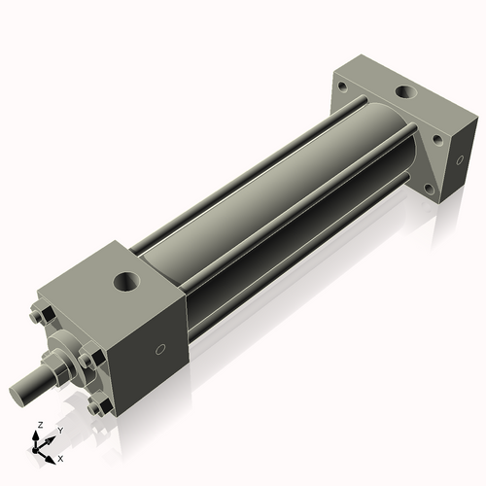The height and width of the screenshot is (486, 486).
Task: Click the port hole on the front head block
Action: coord(127,283)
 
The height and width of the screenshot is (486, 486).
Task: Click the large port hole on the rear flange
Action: coord(403,93)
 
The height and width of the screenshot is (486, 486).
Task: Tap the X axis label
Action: coord(61,458)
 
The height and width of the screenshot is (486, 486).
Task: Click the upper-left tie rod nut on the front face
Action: coord(40,316)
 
